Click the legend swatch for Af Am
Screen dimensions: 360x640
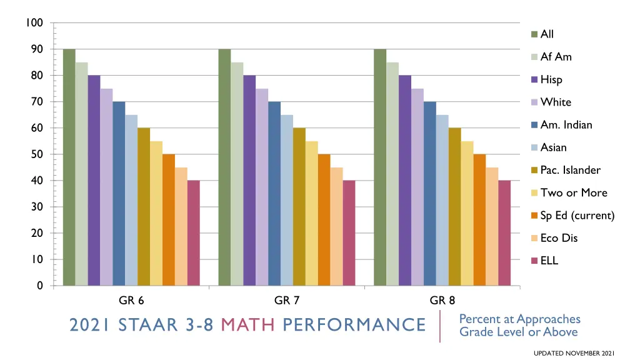534,57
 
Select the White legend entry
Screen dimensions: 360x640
556,102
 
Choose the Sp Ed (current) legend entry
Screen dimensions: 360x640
577,216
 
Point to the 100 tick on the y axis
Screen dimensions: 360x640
34,23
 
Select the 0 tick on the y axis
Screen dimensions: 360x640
39,286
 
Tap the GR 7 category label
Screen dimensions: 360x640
287,301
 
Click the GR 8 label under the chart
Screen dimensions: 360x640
442,301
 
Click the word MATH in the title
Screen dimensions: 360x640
249,325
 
